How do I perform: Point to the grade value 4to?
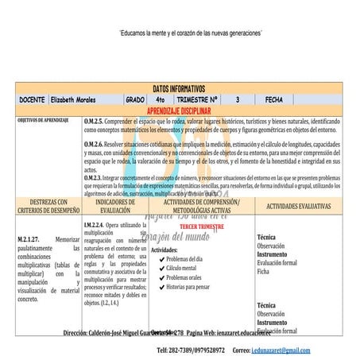point(161,100)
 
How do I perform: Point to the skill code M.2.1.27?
point(31,238)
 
